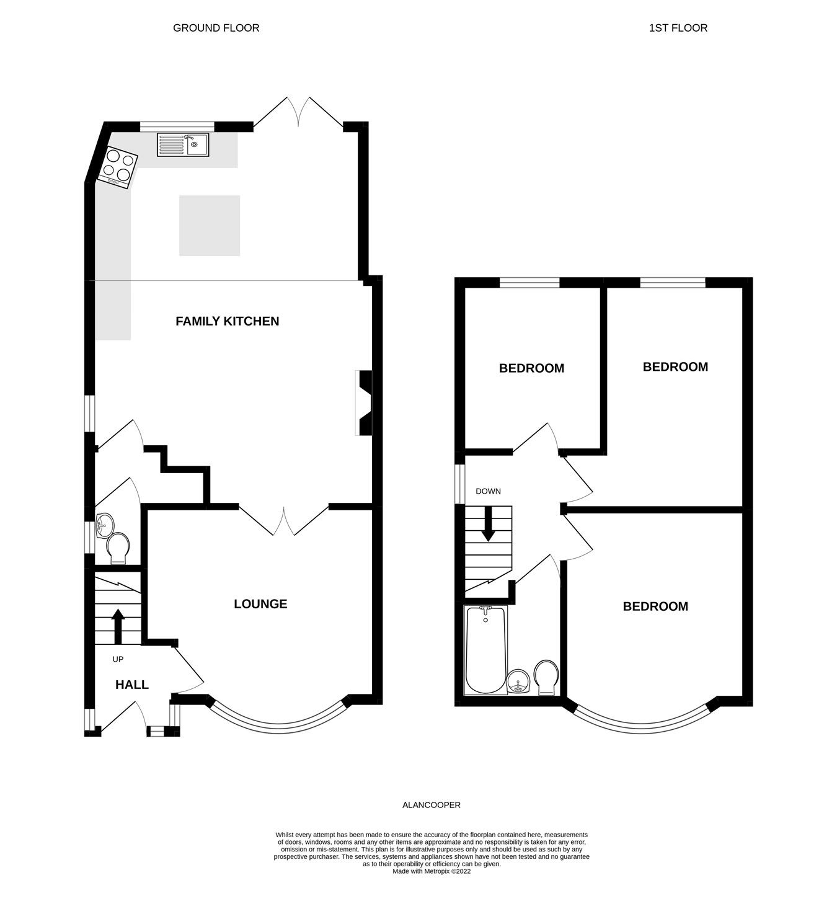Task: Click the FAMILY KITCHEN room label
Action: [227, 321]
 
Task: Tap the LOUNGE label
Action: [260, 604]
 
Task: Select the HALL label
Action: [132, 685]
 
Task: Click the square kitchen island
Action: [210, 226]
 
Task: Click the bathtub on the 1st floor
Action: [485, 650]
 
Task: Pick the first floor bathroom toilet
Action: [546, 677]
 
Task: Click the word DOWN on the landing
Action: [488, 491]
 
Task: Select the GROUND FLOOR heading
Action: [216, 28]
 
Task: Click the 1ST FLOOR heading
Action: [678, 28]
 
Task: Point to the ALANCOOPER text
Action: [432, 805]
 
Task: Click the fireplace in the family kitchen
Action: [364, 403]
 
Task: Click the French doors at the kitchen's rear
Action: [298, 113]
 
